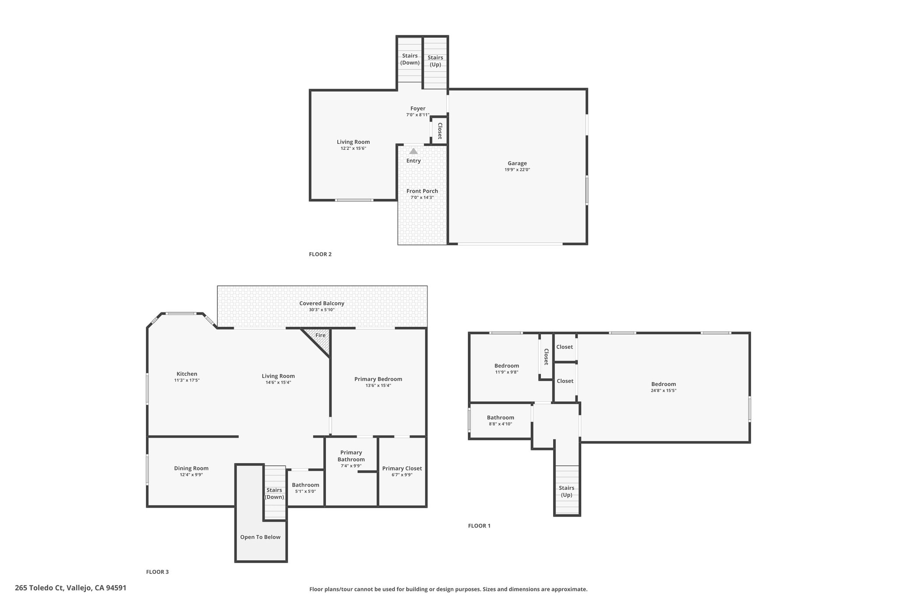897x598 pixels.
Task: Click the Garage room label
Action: click(x=517, y=163)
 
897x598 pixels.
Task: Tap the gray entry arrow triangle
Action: click(x=413, y=151)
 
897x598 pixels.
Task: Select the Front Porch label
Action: click(x=422, y=191)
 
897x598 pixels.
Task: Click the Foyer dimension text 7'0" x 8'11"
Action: click(x=418, y=115)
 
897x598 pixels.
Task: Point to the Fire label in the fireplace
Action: click(x=321, y=335)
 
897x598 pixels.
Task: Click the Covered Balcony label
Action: click(x=322, y=303)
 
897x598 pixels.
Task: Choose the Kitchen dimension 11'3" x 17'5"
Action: click(x=187, y=380)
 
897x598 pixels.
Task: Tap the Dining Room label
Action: click(x=191, y=468)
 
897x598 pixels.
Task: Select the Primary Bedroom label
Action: click(x=378, y=379)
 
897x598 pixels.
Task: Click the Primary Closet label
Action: click(x=402, y=468)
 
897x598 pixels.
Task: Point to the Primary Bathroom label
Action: click(x=351, y=456)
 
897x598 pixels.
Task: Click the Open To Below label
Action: click(x=260, y=537)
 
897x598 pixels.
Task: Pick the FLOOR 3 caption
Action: click(x=157, y=572)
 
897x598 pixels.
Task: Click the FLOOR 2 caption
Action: click(x=320, y=254)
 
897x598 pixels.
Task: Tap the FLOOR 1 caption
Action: click(x=479, y=526)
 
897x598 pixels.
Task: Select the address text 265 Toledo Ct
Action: click(x=39, y=588)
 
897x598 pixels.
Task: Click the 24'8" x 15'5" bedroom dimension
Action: click(x=664, y=390)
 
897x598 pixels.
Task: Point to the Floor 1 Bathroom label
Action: click(x=501, y=418)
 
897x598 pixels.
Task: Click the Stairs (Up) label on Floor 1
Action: click(x=567, y=491)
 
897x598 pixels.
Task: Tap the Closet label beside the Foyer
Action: click(x=440, y=131)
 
